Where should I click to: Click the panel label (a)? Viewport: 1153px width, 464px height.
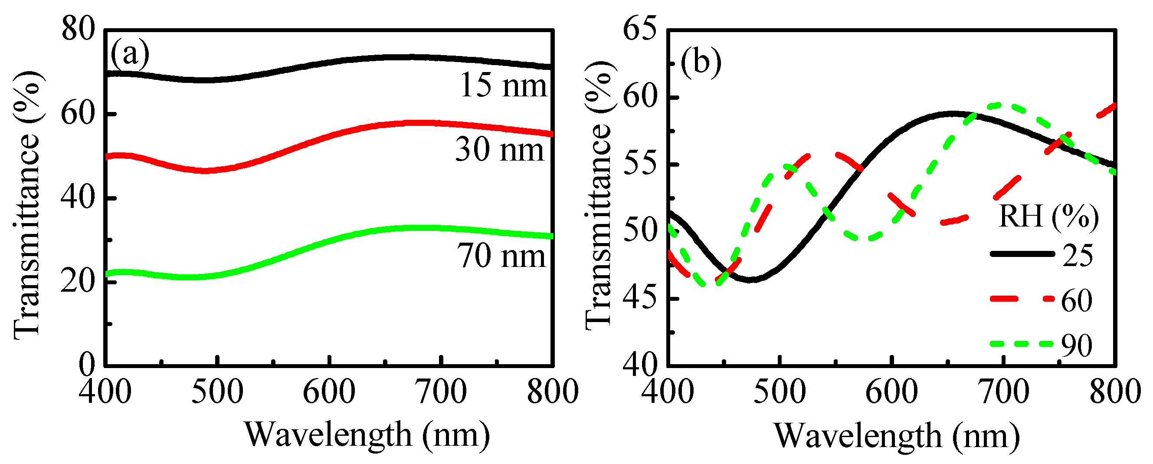coord(130,55)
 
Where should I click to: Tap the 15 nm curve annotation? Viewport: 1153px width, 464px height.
coord(504,85)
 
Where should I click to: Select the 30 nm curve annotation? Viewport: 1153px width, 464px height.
coord(500,150)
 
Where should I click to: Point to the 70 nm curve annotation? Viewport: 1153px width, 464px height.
coord(501,256)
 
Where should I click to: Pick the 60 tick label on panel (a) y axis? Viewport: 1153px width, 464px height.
coord(79,114)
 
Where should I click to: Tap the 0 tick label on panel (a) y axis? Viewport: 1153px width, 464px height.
coord(87,365)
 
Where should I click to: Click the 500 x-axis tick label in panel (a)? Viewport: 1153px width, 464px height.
coord(217,392)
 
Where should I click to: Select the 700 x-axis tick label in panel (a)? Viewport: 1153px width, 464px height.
coord(441,392)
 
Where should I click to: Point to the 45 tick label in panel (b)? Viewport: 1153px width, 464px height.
coord(640,298)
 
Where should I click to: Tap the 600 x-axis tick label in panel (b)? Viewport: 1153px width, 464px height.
coord(891,392)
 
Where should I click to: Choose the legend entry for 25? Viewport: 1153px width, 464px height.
coord(1043,254)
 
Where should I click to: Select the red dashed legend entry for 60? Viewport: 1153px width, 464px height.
coord(1043,299)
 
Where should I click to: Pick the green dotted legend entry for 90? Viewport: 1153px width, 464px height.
coord(1043,344)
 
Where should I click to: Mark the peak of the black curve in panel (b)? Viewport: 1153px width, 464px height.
coord(953,114)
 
